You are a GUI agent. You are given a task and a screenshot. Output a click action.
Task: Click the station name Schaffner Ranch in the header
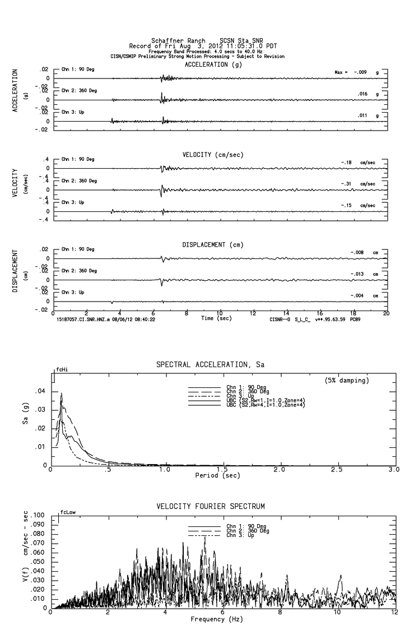click(178, 40)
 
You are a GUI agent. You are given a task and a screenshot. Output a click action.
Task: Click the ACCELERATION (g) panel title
click(213, 64)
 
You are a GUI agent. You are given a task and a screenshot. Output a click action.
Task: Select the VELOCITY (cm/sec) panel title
click(213, 155)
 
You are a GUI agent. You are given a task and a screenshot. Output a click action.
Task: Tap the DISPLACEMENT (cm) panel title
click(213, 245)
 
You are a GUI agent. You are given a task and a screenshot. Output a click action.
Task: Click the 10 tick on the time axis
click(220, 313)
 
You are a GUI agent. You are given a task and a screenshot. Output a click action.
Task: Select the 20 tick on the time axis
click(386, 313)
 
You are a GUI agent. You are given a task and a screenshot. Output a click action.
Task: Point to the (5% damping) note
click(346, 380)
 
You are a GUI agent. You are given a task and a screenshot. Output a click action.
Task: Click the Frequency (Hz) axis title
click(217, 619)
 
